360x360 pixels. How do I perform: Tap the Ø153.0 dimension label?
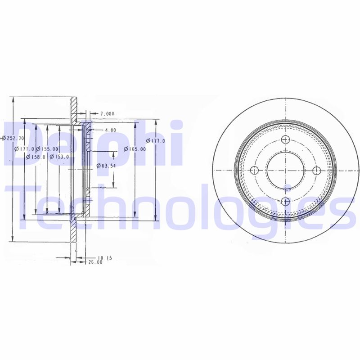click(x=59, y=157)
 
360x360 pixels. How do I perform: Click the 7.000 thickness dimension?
click(x=108, y=113)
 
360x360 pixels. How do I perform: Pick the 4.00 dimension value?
click(x=110, y=130)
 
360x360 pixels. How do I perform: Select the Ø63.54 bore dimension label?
click(x=107, y=166)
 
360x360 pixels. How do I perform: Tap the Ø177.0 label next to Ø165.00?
click(x=158, y=141)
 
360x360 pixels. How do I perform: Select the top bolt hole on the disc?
click(x=285, y=140)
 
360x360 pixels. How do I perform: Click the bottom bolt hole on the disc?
click(x=285, y=201)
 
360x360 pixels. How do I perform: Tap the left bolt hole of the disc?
click(x=254, y=170)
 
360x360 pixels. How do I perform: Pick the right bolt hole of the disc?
click(x=316, y=170)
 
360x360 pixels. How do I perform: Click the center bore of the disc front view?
click(x=285, y=170)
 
